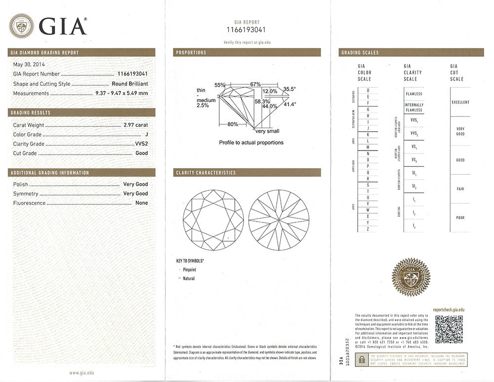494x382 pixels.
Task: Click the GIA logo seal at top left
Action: click(x=22, y=26)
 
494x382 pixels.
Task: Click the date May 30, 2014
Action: click(x=29, y=65)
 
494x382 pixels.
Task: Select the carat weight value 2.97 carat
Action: click(x=135, y=125)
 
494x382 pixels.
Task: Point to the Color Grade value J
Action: click(x=146, y=135)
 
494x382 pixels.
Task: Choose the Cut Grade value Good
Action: click(x=141, y=153)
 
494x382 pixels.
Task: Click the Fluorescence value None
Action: click(x=141, y=203)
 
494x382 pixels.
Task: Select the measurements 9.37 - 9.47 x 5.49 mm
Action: click(x=122, y=93)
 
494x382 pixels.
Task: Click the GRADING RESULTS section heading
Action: click(x=31, y=113)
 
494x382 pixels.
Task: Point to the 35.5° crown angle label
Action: click(x=289, y=89)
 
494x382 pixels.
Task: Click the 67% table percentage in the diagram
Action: click(x=255, y=84)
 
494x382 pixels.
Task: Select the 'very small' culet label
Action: click(x=267, y=131)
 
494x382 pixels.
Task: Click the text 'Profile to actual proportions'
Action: click(x=251, y=143)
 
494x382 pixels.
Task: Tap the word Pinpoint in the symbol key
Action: click(x=189, y=270)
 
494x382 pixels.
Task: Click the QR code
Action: click(x=449, y=329)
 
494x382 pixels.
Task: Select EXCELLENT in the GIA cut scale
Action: click(x=460, y=102)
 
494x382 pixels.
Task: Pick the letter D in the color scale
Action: click(x=368, y=90)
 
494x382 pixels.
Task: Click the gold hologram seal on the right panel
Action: click(x=411, y=277)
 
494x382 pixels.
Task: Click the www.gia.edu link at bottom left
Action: click(x=81, y=373)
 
